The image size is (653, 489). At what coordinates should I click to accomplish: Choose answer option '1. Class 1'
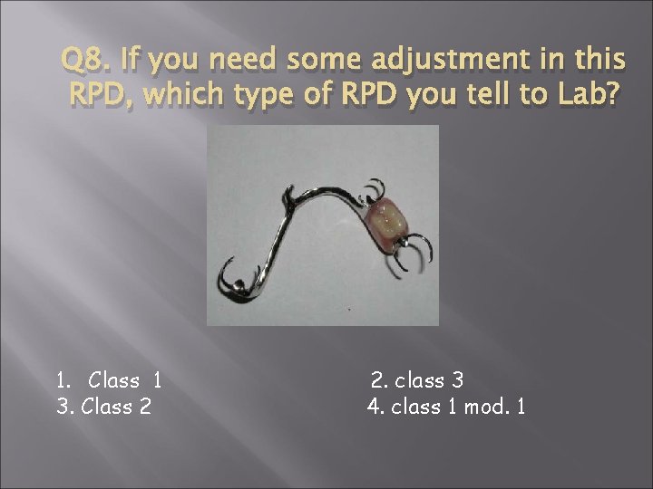click(x=108, y=379)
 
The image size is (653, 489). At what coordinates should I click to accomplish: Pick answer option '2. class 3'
click(x=418, y=379)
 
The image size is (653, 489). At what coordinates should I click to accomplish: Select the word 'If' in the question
click(x=125, y=62)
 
